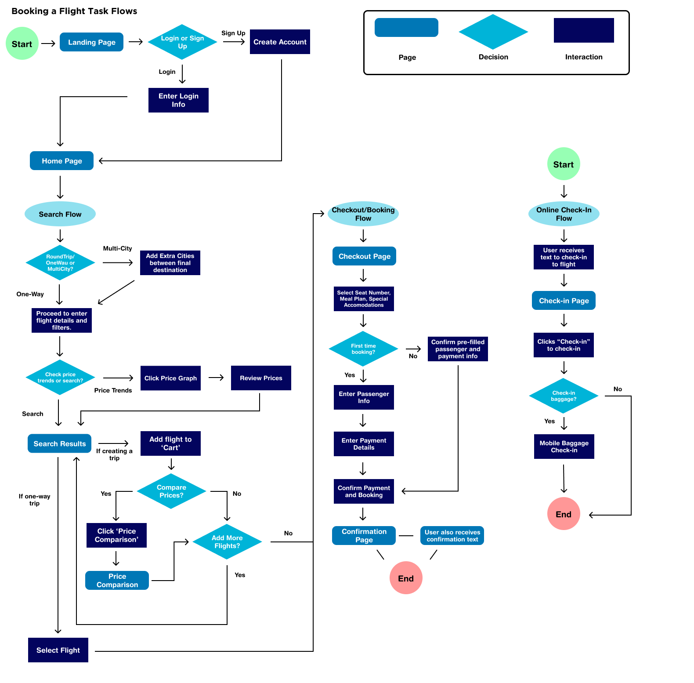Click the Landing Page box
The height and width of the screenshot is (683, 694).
[91, 42]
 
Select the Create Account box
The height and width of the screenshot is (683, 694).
[280, 42]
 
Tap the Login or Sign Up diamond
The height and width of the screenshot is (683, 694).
[182, 42]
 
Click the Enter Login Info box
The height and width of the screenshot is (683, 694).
[178, 100]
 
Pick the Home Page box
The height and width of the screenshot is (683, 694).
[61, 161]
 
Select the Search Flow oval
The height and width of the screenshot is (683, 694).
[60, 214]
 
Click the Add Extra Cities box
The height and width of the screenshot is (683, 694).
[170, 263]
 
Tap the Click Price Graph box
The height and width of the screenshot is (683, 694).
[170, 378]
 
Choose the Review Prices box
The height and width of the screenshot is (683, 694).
[261, 378]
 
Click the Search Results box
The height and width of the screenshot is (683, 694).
[60, 443]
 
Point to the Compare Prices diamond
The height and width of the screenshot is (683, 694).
[171, 491]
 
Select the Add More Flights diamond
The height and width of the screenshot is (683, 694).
[227, 542]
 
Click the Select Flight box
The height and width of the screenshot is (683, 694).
[58, 650]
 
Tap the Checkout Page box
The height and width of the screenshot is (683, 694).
[364, 256]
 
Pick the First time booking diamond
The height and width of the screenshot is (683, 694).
[363, 349]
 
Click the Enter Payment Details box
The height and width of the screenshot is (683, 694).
[364, 444]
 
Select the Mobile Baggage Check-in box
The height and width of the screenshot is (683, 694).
[564, 447]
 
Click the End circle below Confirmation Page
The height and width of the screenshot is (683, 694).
[406, 578]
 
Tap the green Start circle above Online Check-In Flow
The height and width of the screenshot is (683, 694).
[564, 164]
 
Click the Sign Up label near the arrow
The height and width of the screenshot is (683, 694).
[233, 33]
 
